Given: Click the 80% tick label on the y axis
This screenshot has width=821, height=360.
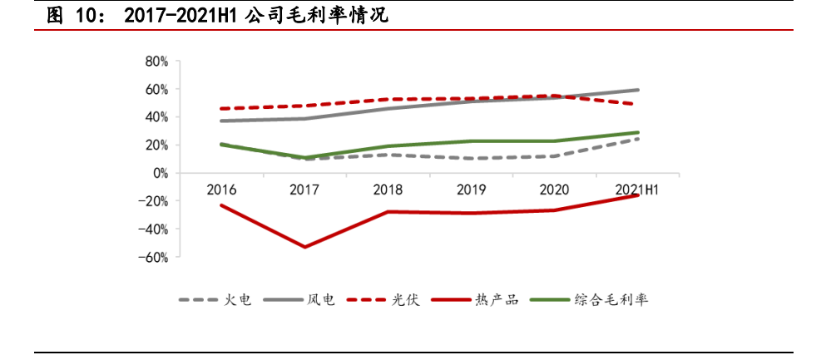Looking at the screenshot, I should (156, 61).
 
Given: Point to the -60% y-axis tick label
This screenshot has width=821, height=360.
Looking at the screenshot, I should (154, 257).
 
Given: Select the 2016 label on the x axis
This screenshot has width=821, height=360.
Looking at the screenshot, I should (221, 190).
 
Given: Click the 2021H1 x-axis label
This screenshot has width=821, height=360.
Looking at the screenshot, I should (637, 190).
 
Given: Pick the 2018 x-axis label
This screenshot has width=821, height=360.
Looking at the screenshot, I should (388, 190).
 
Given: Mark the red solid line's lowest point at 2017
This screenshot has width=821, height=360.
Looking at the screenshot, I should (304, 247).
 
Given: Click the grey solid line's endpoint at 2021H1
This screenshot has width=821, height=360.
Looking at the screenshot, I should (638, 90).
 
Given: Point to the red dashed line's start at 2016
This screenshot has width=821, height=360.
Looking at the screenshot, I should (221, 109).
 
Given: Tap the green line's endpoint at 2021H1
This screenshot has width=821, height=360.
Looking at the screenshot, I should (638, 132).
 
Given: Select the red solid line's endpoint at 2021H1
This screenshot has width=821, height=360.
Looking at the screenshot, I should (638, 195).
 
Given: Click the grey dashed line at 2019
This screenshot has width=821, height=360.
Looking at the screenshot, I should (471, 158).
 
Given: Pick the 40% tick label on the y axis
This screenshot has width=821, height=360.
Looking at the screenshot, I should (156, 117).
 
